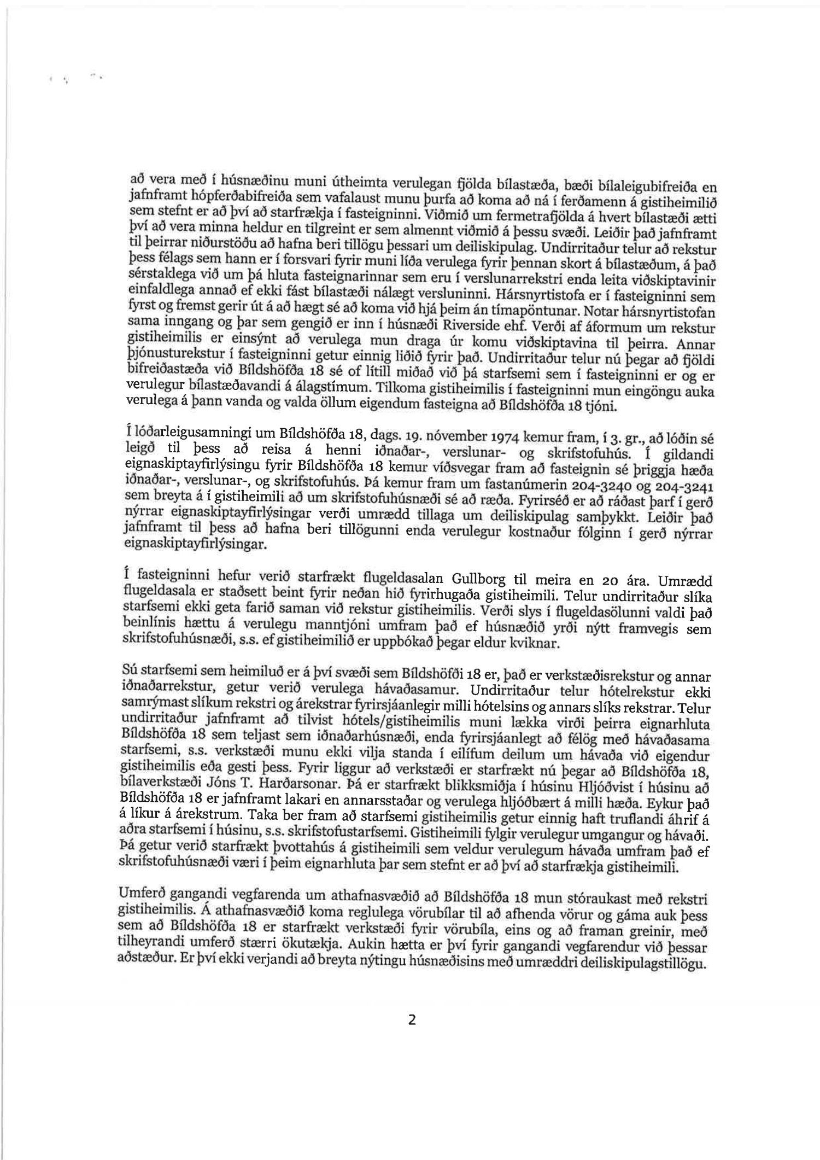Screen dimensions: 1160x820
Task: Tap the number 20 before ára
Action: [607, 581]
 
